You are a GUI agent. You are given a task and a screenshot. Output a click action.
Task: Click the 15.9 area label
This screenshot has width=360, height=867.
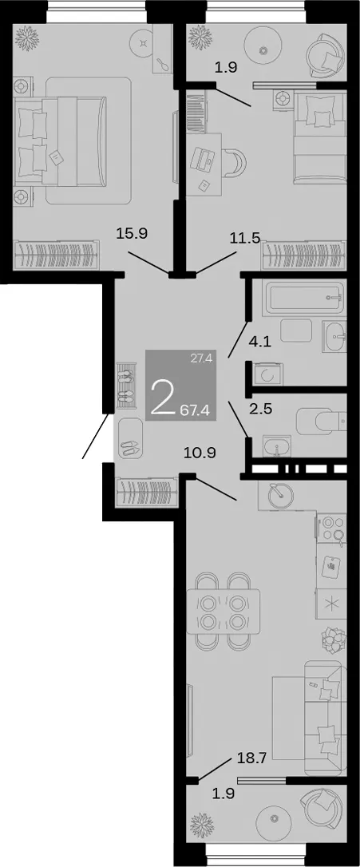[x=132, y=233]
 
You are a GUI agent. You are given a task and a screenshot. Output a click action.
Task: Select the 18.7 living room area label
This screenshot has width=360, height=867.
[x=253, y=758]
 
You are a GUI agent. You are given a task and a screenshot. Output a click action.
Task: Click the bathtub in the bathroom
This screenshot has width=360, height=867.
[x=299, y=299]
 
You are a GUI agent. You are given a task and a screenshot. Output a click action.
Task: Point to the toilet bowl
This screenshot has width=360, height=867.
[x=321, y=422]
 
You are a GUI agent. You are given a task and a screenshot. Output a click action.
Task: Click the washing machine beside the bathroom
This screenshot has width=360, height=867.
[x=269, y=375]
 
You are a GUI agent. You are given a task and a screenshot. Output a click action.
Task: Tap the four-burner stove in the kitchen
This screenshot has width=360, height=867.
[x=331, y=528]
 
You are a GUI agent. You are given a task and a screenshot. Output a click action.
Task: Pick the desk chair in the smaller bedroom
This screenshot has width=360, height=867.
[x=235, y=160]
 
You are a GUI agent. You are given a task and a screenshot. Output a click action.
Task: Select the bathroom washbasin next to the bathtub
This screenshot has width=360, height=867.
[x=334, y=335]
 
